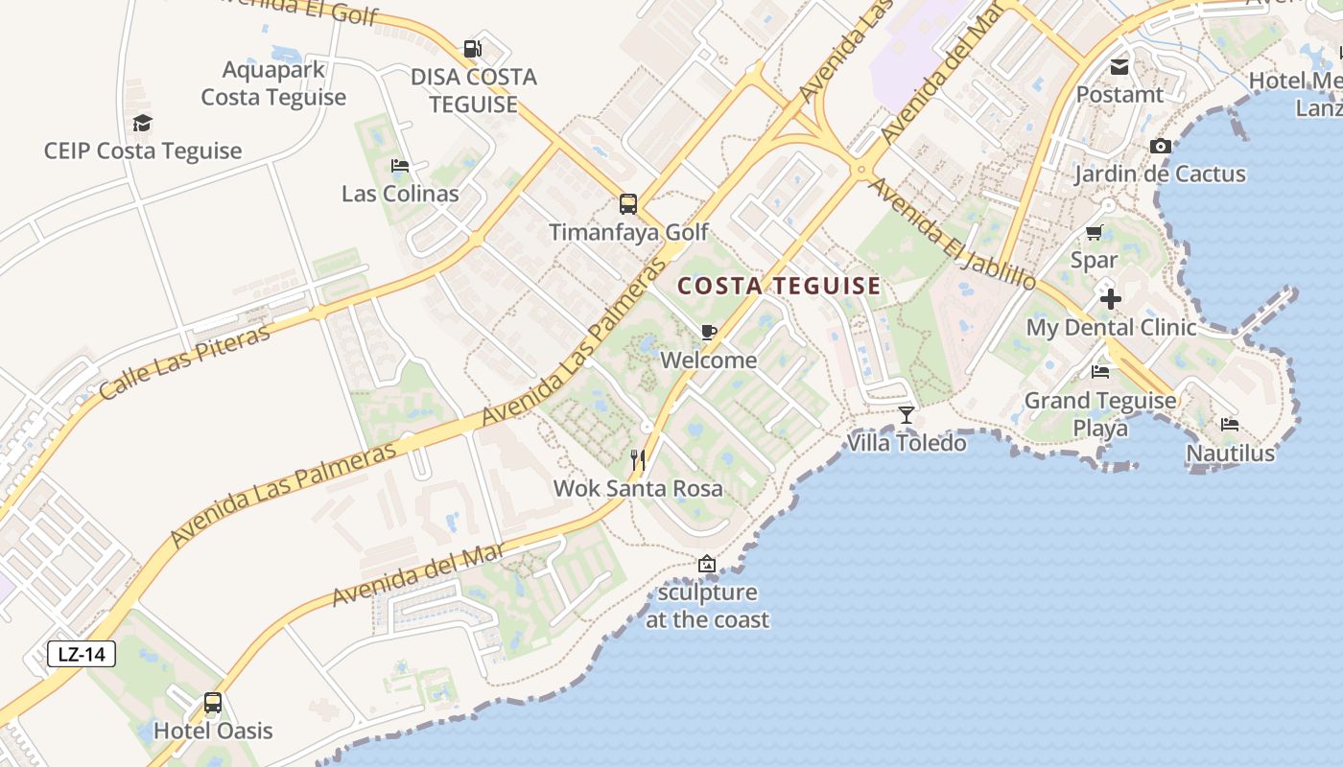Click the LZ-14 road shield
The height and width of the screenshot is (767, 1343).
tap(82, 655)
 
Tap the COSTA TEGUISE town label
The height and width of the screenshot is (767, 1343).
tap(779, 286)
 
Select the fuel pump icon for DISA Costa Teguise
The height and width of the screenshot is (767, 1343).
tap(472, 49)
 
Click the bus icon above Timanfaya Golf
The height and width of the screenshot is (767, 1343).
tap(628, 203)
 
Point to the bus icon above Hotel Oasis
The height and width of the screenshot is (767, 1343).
tap(213, 703)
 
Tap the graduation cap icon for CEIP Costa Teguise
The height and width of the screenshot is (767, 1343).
tap(143, 123)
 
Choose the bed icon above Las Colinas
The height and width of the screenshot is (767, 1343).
tap(400, 166)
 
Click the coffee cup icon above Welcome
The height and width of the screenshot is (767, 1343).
tap(709, 332)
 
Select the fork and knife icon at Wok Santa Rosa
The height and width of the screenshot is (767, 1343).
tap(638, 460)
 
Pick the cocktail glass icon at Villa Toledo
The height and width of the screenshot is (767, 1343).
tap(907, 414)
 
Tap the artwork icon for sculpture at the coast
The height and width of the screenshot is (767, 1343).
tap(707, 564)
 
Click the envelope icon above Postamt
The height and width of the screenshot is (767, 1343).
tap(1119, 67)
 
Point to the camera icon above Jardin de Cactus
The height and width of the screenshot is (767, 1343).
tap(1161, 146)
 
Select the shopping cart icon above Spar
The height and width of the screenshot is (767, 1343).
tap(1094, 232)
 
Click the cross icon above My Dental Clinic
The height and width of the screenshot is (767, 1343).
tap(1111, 299)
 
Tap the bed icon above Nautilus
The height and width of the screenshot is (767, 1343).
tap(1230, 425)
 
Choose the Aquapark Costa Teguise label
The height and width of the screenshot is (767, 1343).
tap(273, 83)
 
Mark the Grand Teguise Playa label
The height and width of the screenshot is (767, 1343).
tap(1100, 413)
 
